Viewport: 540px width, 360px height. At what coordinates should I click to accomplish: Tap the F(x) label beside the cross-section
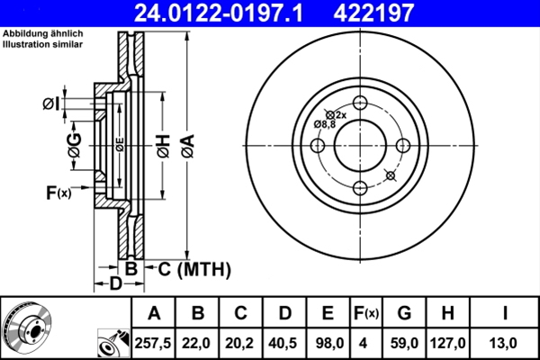tap(58, 192)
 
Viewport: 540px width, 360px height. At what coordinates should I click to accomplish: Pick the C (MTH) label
tap(195, 269)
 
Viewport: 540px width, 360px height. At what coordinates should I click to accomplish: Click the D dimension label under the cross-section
tap(115, 285)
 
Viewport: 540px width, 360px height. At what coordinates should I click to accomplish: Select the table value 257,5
tap(154, 343)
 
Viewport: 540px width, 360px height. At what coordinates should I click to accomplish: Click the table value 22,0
tap(198, 343)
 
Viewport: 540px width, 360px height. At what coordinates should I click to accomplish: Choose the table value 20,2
tap(241, 343)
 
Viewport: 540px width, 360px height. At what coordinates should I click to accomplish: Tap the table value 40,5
tap(285, 343)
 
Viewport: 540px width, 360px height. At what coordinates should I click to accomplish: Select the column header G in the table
tap(404, 313)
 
